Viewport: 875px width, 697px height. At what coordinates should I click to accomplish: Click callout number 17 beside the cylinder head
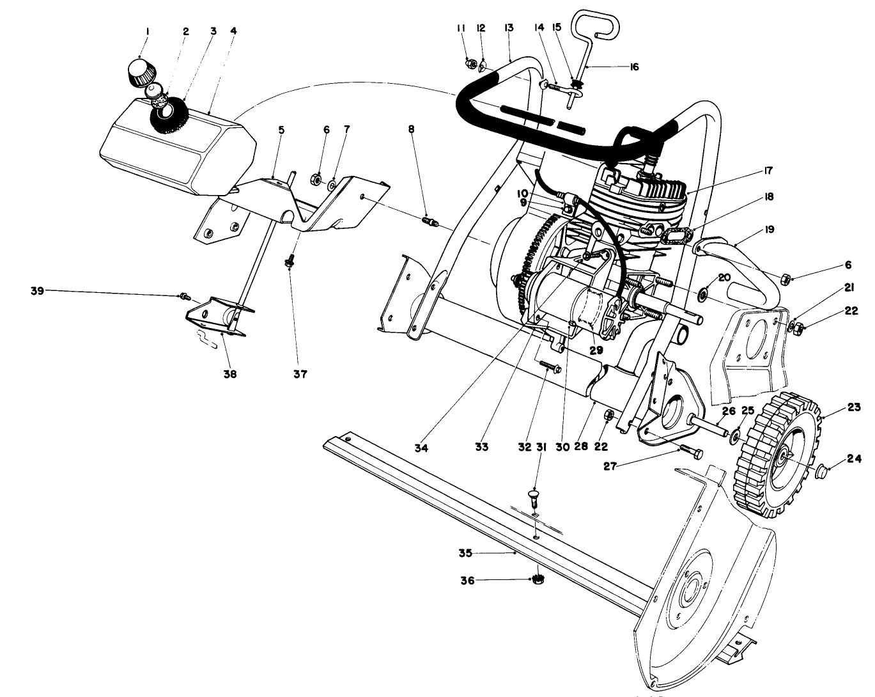[767, 171]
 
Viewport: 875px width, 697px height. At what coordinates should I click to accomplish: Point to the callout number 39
[38, 291]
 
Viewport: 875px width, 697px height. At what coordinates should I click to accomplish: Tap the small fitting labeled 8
[430, 221]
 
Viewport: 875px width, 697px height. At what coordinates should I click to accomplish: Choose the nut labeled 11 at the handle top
[470, 63]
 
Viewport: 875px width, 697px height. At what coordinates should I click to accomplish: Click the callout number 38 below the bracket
[229, 374]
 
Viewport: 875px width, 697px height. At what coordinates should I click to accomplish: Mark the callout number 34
[421, 448]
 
